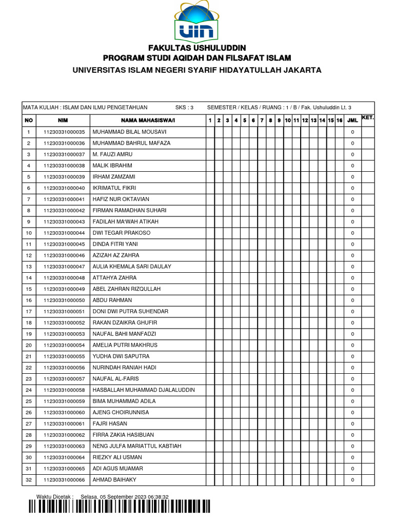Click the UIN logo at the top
point(198,22)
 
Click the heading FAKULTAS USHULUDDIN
point(197,48)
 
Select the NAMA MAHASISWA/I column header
point(148,120)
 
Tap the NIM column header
point(63,120)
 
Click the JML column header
point(352,120)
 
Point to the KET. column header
point(368,118)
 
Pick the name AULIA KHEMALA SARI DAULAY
point(132,267)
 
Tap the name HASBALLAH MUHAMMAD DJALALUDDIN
point(144,390)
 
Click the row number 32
point(29,480)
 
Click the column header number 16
point(339,120)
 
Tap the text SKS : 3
point(184,108)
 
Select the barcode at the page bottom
point(119,507)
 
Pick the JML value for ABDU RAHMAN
point(352,300)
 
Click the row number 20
point(29,345)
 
